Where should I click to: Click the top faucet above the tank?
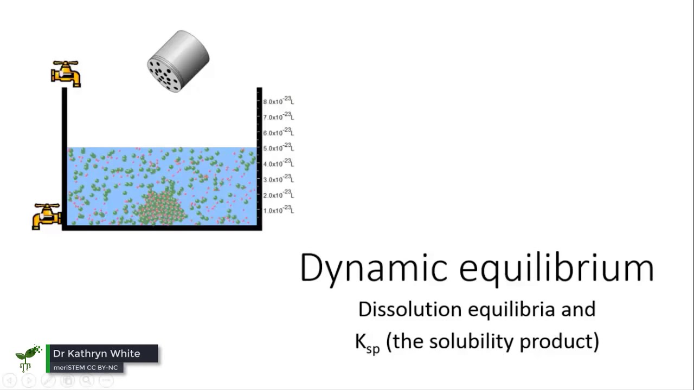(66, 73)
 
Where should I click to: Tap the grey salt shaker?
(178, 61)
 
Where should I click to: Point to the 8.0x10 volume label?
(278, 101)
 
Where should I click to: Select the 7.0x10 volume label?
(278, 117)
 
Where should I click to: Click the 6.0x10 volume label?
(278, 133)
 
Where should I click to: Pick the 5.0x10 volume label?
(278, 148)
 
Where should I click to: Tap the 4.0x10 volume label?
(278, 164)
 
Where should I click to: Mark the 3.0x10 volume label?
(278, 179)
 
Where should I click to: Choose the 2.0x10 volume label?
(278, 195)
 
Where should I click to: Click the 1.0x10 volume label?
(278, 210)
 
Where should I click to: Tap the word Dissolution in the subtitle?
(410, 309)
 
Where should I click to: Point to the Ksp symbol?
(367, 342)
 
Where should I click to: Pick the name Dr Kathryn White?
(97, 354)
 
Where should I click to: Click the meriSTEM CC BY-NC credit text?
(85, 368)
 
